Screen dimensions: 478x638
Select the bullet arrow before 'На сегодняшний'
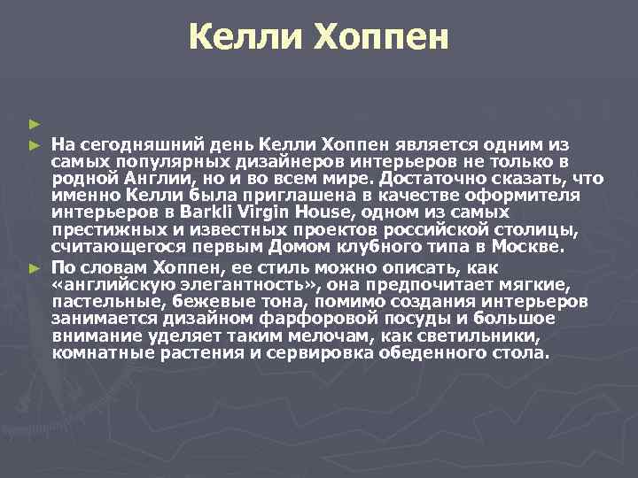click(34, 143)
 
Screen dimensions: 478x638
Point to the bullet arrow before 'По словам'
click(34, 267)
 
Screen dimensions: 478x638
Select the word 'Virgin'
click(257, 211)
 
